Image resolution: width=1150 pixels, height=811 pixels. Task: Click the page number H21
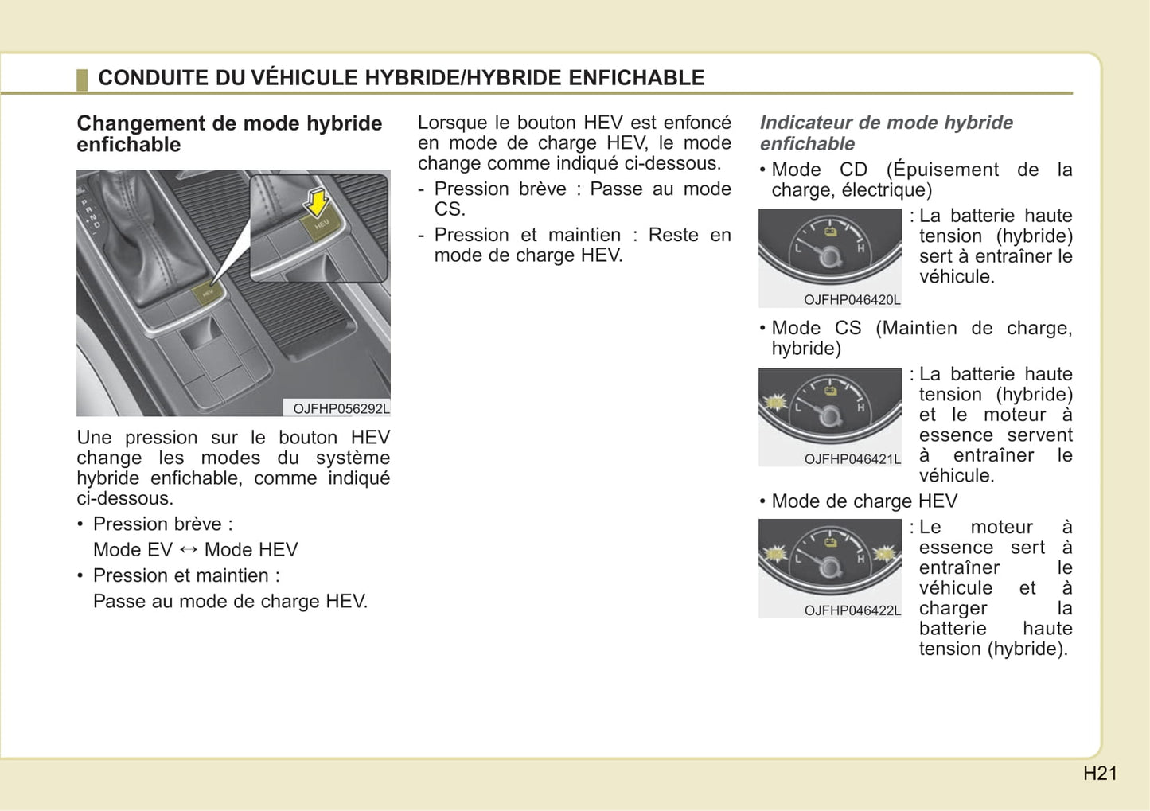1100,774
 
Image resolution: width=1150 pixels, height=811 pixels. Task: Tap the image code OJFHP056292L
341,409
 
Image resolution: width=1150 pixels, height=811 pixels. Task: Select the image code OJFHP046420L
852,300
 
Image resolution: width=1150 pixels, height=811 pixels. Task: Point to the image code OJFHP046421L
852,459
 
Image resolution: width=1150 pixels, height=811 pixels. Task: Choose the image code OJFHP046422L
852,610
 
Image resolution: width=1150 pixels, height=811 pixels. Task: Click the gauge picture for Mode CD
830,250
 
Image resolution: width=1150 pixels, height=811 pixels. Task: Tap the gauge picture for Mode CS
830,409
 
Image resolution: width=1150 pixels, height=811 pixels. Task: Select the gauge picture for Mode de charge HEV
830,560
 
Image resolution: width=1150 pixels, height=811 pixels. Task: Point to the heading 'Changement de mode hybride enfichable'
229,134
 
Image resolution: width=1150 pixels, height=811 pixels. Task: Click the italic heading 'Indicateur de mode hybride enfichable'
886,133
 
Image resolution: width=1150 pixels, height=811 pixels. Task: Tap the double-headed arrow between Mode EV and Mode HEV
189,549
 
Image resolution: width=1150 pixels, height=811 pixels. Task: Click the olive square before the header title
82,80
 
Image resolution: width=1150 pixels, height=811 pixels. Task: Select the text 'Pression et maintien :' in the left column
186,575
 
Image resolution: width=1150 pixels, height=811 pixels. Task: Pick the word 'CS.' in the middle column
450,209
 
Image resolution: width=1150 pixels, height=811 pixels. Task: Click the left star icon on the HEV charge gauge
774,553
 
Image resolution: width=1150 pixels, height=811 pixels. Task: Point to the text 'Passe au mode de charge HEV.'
230,601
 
